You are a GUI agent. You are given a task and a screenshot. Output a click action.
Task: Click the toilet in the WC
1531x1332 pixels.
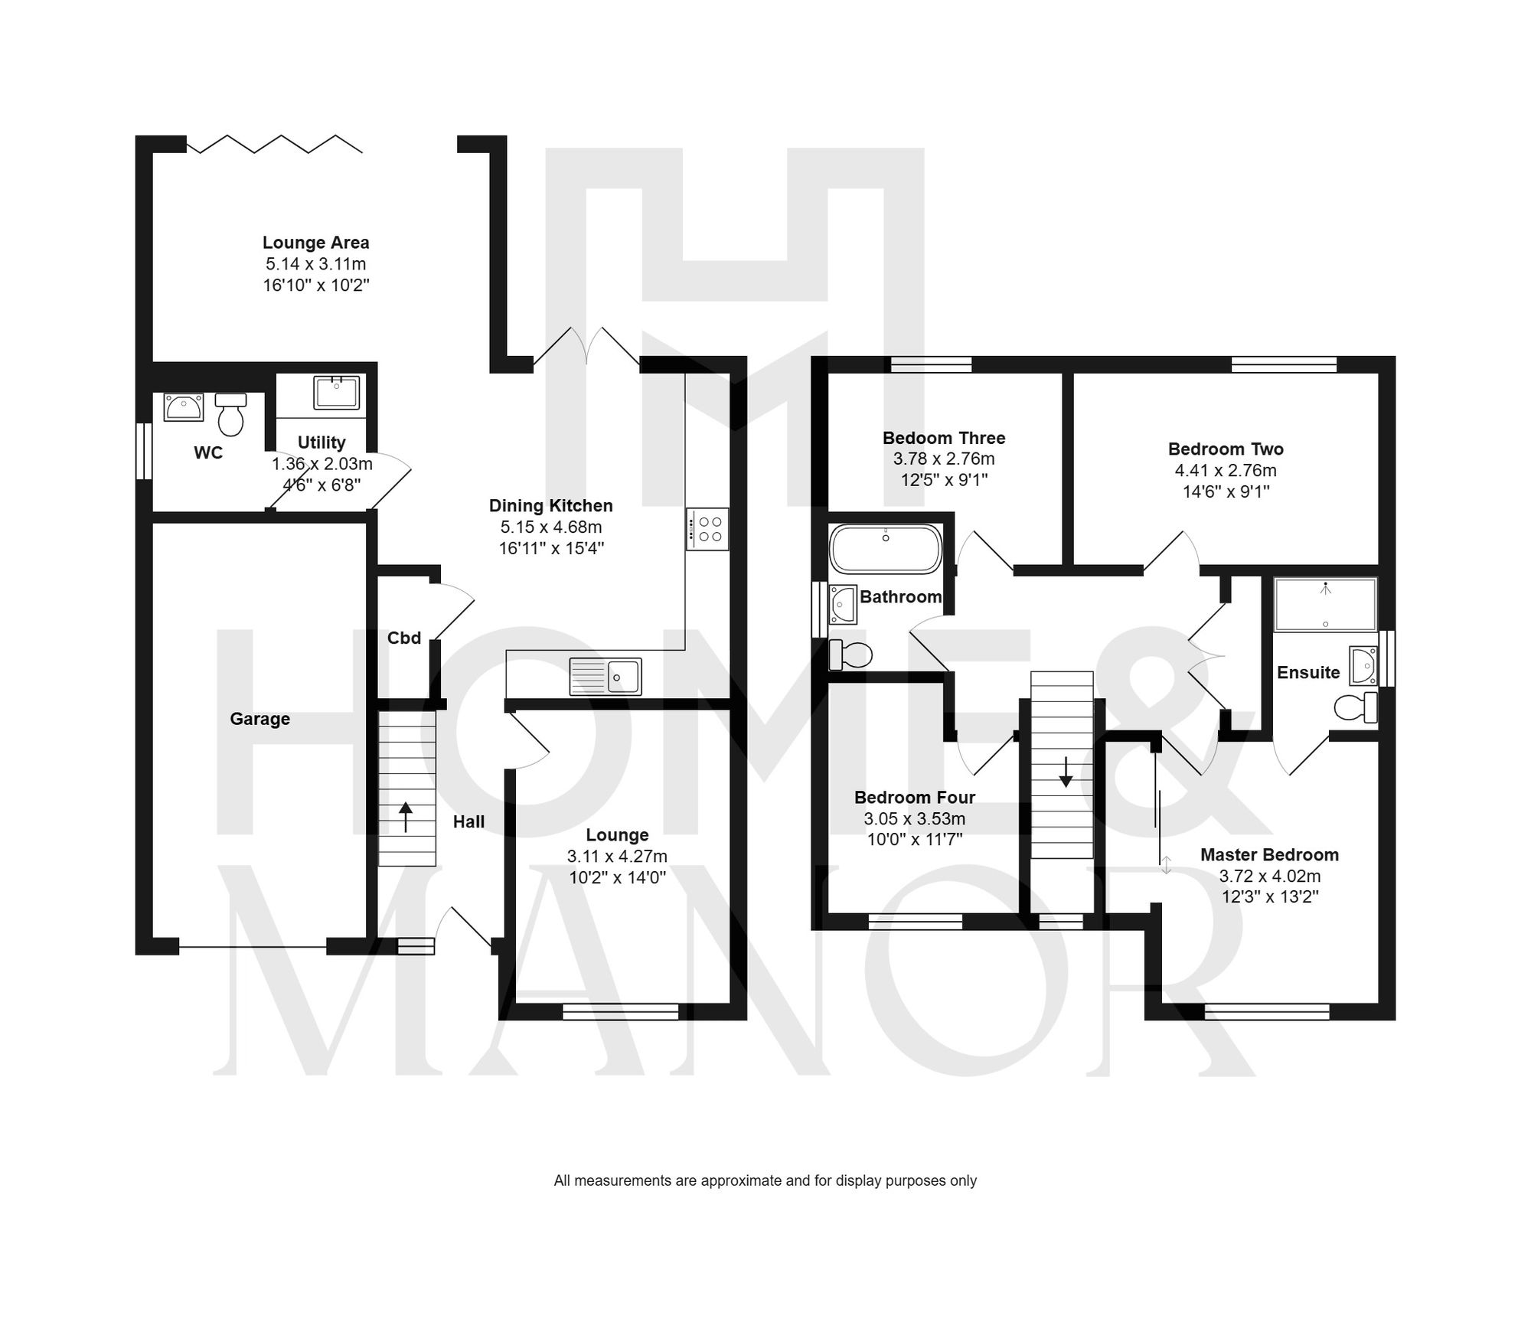[230, 414]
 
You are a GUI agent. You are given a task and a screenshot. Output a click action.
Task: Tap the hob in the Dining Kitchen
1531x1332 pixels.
[707, 529]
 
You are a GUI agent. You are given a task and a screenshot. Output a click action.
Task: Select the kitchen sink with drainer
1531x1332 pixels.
[606, 677]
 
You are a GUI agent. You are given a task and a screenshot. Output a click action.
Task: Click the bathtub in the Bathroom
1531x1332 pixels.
[886, 549]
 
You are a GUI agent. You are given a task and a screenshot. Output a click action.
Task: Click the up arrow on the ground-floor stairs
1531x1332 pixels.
[406, 817]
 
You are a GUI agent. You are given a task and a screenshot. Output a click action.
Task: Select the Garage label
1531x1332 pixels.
[260, 719]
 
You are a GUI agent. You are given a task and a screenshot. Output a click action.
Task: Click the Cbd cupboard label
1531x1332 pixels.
[404, 638]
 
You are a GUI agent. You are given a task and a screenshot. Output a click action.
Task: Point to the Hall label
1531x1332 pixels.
[468, 821]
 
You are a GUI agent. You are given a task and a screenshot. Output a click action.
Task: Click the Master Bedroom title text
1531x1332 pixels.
[1269, 854]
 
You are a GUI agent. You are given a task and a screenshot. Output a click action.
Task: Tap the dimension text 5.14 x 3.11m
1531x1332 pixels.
[315, 264]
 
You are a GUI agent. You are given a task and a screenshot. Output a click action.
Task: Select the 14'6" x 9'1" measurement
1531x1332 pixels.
[1226, 491]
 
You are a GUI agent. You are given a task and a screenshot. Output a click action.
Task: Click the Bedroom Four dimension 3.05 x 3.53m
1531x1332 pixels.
[914, 818]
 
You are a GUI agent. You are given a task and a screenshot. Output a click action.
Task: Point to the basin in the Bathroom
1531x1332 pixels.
[844, 605]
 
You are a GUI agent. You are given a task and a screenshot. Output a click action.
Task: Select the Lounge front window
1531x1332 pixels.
[620, 1012]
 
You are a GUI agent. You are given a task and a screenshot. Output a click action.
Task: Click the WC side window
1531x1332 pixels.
[143, 452]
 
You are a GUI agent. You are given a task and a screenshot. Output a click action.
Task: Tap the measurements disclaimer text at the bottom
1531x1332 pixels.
[765, 1180]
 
